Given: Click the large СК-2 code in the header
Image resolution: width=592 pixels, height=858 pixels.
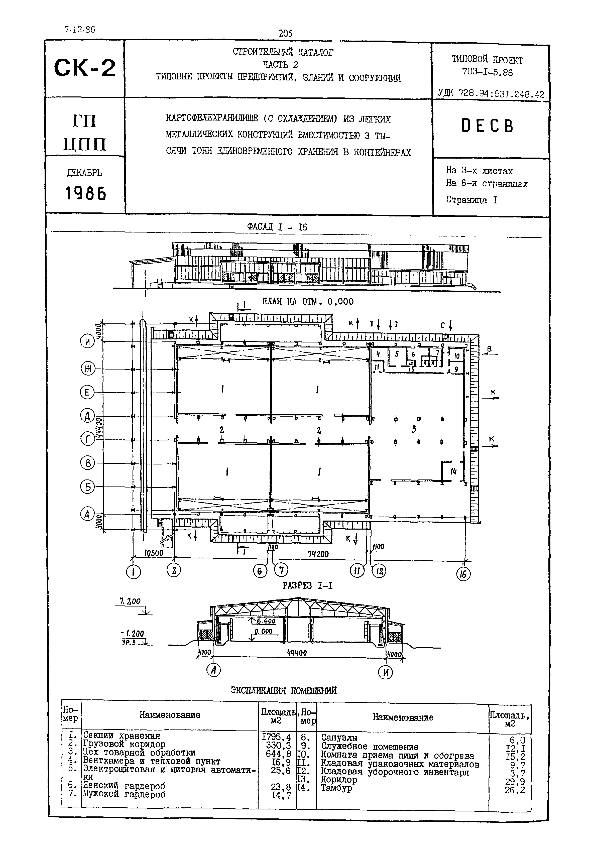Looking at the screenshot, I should pos(85,68).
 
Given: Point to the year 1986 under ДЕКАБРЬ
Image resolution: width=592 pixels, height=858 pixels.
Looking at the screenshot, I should pos(86,193).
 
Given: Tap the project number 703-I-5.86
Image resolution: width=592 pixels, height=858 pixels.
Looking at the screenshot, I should pos(487,72).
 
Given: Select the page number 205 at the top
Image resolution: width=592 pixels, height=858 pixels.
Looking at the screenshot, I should pos(285,34).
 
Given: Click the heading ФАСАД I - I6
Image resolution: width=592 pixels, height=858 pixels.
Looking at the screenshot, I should pos(277,227).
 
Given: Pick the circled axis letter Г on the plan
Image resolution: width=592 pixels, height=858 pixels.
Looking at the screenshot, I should pos(88,439).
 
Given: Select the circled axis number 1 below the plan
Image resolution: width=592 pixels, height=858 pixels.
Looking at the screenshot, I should pos(133,572).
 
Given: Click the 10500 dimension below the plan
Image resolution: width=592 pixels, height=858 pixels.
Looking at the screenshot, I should pos(154,553).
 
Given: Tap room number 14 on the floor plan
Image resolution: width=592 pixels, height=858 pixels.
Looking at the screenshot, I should pos(453,472).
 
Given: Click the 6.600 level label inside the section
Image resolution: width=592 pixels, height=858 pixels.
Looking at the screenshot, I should pos(266,621).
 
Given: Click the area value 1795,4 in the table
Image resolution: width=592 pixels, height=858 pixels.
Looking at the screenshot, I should pos(276,736).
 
